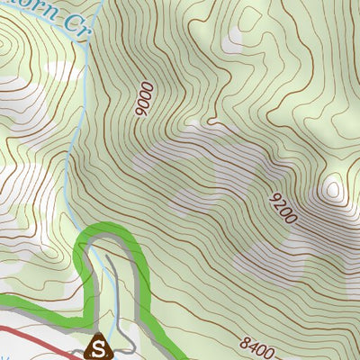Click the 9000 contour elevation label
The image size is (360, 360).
point(145,100)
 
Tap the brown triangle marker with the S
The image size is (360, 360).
point(99,345)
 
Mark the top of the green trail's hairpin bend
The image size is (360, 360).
point(108,229)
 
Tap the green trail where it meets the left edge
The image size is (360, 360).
point(3,301)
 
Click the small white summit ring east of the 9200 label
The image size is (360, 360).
point(333,189)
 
